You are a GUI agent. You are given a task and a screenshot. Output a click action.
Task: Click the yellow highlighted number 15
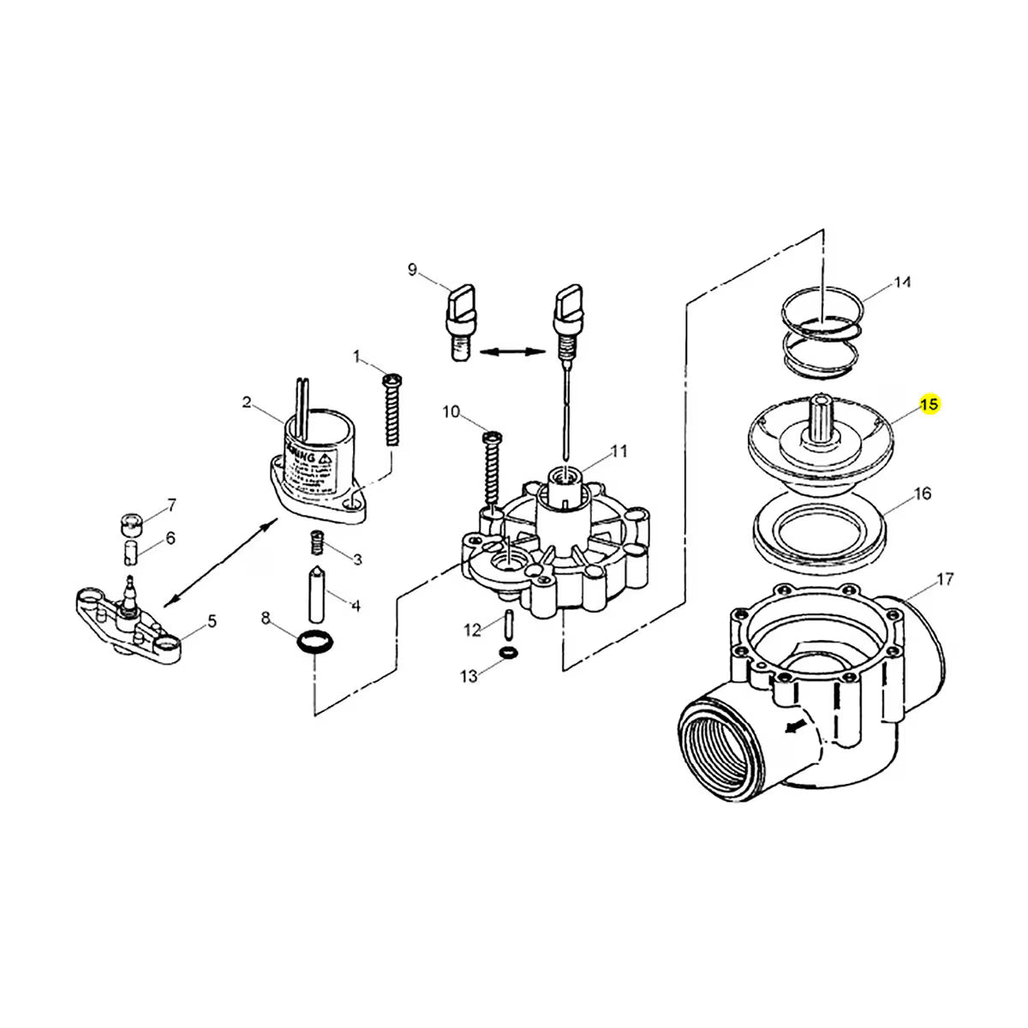[929, 403]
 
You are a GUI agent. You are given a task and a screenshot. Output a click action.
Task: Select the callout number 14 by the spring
[902, 283]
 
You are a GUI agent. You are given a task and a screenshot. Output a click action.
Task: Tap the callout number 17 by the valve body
[944, 580]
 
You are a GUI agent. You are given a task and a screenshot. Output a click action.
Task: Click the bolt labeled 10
[491, 469]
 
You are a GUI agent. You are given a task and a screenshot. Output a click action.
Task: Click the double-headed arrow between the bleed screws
[513, 350]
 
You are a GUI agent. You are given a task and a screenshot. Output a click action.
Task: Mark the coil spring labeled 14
[822, 338]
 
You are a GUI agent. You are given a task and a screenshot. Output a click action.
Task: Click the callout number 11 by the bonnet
[619, 451]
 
